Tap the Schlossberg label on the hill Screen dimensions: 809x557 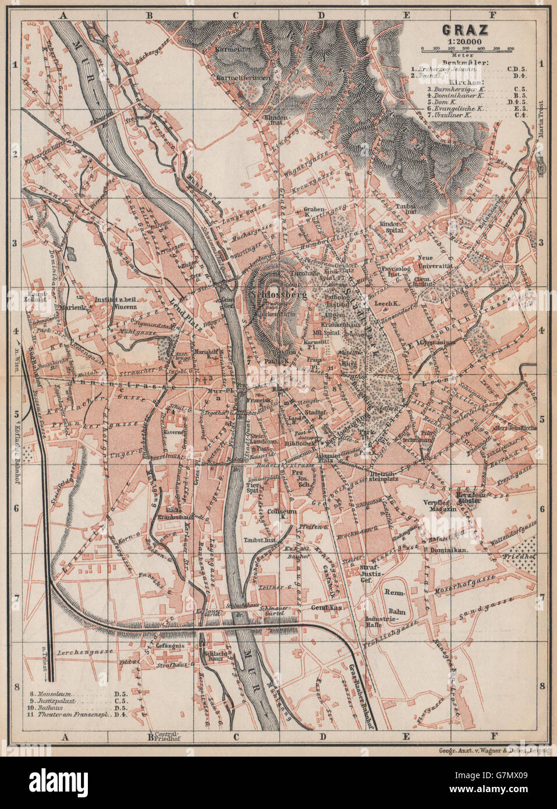278,294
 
